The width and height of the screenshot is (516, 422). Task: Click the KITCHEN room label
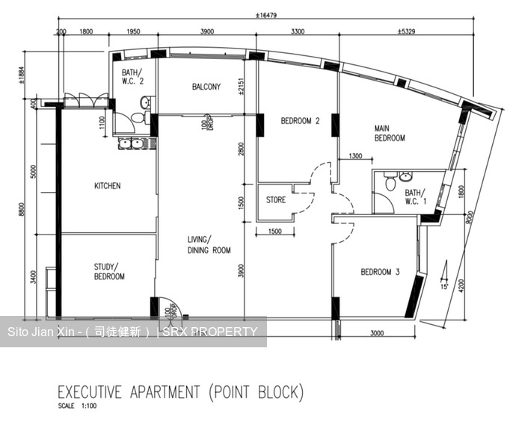click(x=107, y=186)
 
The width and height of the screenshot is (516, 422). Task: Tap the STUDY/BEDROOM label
click(x=109, y=271)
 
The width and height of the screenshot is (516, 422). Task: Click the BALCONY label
click(x=206, y=87)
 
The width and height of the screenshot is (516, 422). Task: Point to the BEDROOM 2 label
click(x=300, y=121)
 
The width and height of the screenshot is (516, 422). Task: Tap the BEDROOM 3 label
click(x=380, y=272)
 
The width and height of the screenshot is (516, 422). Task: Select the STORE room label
click(x=276, y=200)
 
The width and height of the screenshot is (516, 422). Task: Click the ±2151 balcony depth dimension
click(x=240, y=89)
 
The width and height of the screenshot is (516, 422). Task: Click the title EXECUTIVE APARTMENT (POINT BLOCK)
click(x=180, y=391)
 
